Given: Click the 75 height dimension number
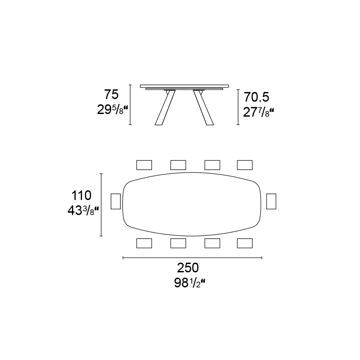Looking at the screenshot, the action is click(111, 94).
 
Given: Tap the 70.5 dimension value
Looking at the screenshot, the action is click(256, 97).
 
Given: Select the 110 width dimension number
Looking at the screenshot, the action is click(81, 196).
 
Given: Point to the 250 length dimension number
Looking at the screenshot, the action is click(188, 268).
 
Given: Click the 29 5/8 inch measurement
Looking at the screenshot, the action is click(113, 110).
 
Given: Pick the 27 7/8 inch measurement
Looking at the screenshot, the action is click(259, 113).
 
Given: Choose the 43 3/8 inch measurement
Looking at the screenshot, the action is click(83, 211).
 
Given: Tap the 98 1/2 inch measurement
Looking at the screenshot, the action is click(190, 283).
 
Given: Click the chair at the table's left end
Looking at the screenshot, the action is click(116, 201).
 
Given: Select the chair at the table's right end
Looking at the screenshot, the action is click(271, 201).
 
